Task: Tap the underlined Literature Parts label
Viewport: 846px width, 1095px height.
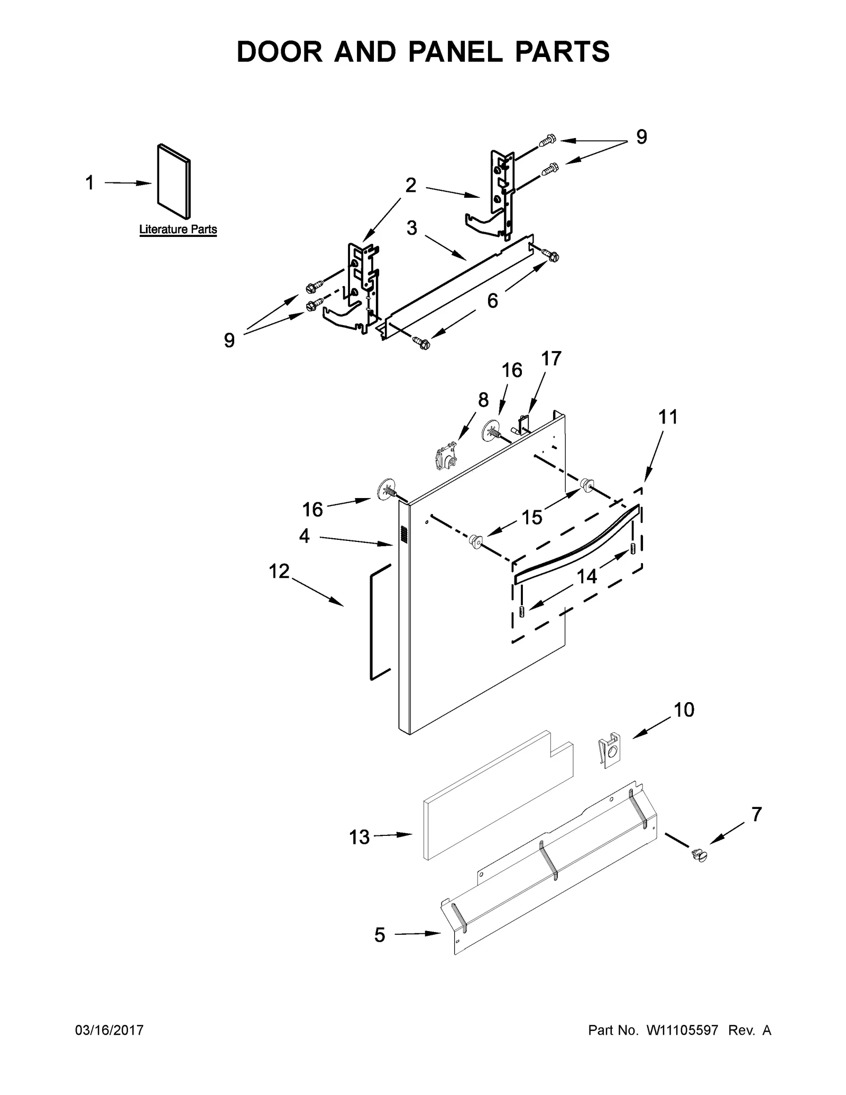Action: [178, 229]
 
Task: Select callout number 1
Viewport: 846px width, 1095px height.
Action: [90, 183]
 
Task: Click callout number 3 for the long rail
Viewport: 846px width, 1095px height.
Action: [412, 228]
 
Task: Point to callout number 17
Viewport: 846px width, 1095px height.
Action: [551, 358]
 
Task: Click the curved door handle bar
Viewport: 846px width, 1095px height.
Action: [576, 545]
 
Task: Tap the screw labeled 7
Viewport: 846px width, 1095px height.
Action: [698, 855]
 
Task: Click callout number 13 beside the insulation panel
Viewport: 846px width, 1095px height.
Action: [359, 837]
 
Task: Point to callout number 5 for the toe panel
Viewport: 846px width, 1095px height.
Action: [380, 935]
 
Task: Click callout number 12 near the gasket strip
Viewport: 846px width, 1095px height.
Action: [279, 571]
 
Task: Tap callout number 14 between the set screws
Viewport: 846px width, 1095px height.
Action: [586, 576]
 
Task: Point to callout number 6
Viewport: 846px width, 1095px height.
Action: [492, 301]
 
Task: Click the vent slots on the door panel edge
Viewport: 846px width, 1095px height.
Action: [403, 535]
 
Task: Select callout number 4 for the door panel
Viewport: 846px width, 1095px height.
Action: [304, 536]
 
